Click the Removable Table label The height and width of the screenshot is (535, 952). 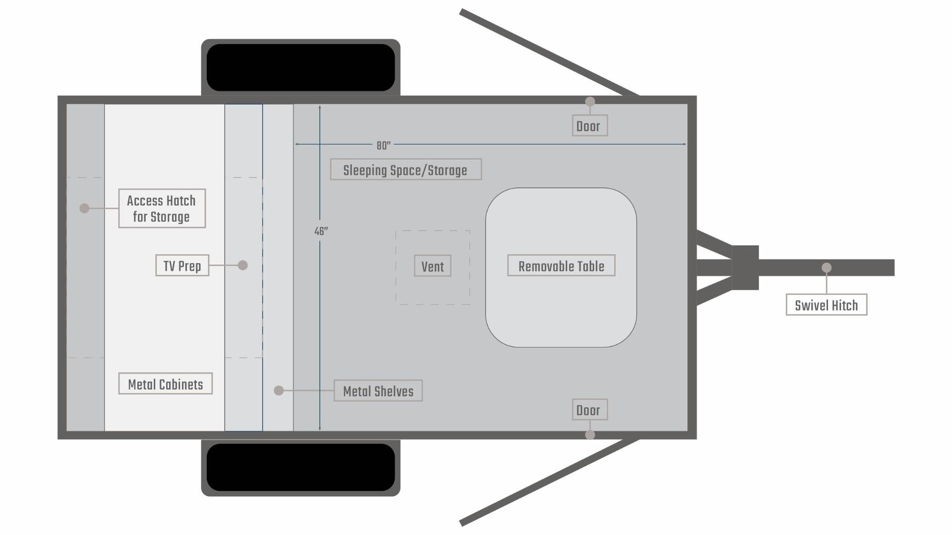click(561, 266)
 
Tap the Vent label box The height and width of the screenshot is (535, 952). click(432, 266)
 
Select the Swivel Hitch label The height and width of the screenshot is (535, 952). click(826, 305)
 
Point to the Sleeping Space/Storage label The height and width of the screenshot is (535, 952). click(406, 169)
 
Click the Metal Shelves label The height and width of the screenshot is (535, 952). click(378, 391)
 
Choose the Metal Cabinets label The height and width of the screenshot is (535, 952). click(166, 384)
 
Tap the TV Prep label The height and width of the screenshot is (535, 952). click(182, 266)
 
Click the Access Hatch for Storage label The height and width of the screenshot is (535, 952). click(162, 209)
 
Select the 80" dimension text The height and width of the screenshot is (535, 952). click(383, 145)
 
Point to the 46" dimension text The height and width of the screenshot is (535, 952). click(321, 231)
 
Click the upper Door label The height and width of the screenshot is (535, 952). click(590, 126)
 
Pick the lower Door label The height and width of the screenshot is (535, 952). click(590, 410)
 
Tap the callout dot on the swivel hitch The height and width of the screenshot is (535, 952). click(827, 267)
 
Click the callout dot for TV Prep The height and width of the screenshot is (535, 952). click(242, 265)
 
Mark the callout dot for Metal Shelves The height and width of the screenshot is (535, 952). click(279, 391)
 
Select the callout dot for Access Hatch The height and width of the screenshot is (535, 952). click(84, 209)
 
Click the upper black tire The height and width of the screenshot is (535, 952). click(300, 68)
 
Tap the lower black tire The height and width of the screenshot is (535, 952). click(300, 467)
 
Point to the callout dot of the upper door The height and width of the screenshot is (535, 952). click(590, 102)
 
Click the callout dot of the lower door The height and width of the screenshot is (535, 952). click(590, 435)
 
